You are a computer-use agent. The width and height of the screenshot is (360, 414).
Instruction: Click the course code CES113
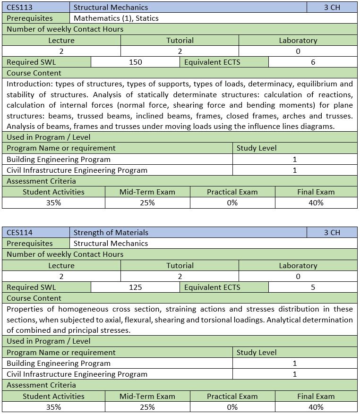19,7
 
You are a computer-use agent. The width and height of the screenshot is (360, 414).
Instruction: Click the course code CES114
19,232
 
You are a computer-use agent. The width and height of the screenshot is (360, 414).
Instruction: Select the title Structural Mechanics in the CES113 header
111,7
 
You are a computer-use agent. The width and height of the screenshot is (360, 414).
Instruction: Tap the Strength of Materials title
111,232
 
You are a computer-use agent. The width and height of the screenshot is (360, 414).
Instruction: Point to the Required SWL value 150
135,62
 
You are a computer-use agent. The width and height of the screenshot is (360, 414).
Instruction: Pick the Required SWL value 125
135,287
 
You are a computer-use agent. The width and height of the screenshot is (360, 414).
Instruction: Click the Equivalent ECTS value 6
313,62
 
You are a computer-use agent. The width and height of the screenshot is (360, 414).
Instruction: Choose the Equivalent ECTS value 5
313,287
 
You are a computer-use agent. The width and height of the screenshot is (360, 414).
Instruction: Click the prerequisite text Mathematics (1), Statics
116,18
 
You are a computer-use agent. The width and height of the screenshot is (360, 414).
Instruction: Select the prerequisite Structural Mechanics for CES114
111,243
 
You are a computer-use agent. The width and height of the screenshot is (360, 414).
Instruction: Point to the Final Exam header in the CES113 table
316,192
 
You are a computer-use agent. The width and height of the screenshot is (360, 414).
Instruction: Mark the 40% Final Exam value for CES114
316,407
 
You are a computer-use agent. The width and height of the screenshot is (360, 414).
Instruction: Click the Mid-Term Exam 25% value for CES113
147,203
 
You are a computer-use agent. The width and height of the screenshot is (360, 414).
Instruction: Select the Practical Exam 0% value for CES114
232,407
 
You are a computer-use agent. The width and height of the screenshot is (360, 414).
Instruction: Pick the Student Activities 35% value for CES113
53,203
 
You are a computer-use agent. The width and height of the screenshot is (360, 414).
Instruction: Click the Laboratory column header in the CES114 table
298,265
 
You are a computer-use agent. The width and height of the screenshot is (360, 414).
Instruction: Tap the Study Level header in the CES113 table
257,148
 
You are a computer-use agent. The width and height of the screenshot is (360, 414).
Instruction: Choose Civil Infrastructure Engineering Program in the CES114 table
77,374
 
